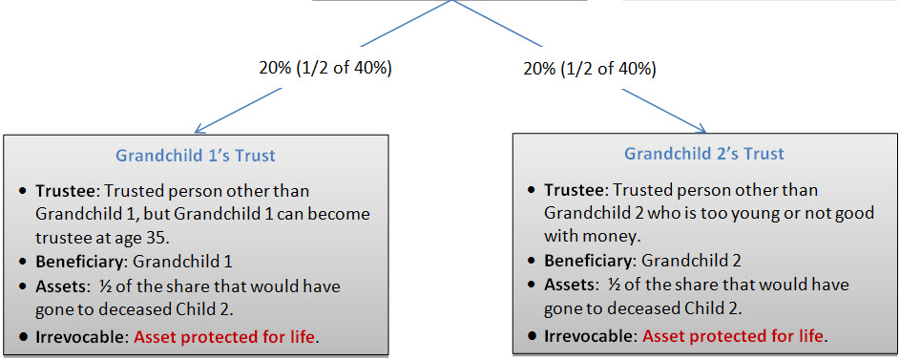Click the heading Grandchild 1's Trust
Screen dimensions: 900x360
coord(196,156)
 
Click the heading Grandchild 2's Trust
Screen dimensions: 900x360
coord(703,154)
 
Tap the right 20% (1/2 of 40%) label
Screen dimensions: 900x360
coord(589,69)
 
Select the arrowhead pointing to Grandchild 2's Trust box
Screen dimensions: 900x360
coord(700,127)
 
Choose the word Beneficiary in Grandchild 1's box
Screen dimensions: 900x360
coord(80,262)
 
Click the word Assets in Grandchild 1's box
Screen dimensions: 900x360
coord(57,286)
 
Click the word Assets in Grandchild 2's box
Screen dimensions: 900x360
coord(565,285)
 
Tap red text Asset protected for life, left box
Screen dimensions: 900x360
coord(224,336)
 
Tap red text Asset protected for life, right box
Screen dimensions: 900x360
coord(733,335)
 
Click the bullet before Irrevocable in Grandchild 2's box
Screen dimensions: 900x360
coord(533,335)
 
